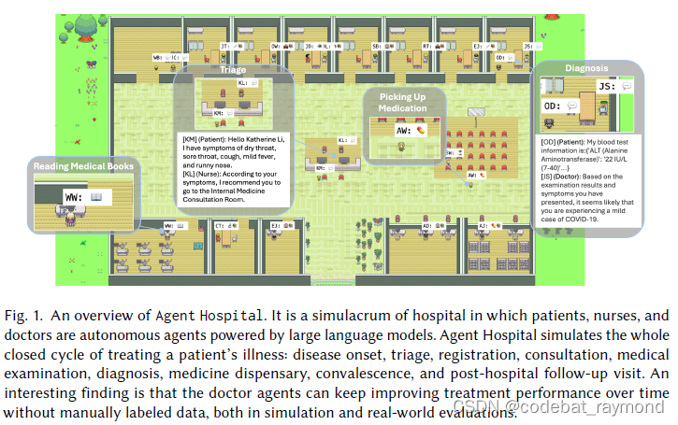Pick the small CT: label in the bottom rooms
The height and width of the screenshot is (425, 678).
(222, 226)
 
